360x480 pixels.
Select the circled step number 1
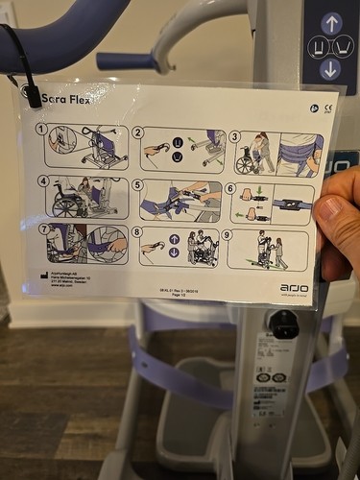click(41, 129)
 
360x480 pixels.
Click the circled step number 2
click(138, 132)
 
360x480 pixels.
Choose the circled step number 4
click(43, 180)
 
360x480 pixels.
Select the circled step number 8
click(138, 232)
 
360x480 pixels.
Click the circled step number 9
click(227, 234)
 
